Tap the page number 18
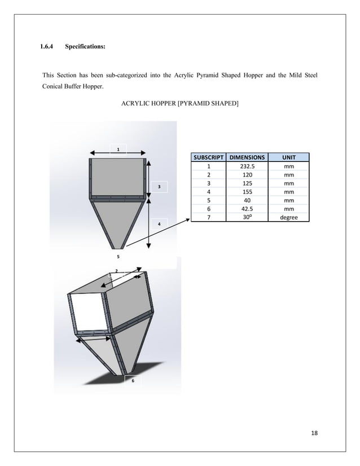(314, 433)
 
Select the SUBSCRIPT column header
(208, 157)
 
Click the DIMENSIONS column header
(247, 157)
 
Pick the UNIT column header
(288, 157)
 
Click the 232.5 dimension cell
(247, 166)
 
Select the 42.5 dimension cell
(247, 209)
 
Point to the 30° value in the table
(247, 217)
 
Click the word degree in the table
(288, 217)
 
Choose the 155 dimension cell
(247, 192)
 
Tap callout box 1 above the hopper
(118, 149)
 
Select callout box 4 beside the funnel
(159, 225)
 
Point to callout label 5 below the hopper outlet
(118, 256)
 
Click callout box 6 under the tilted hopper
(133, 381)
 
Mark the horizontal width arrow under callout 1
(119, 152)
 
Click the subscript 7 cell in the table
(208, 217)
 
